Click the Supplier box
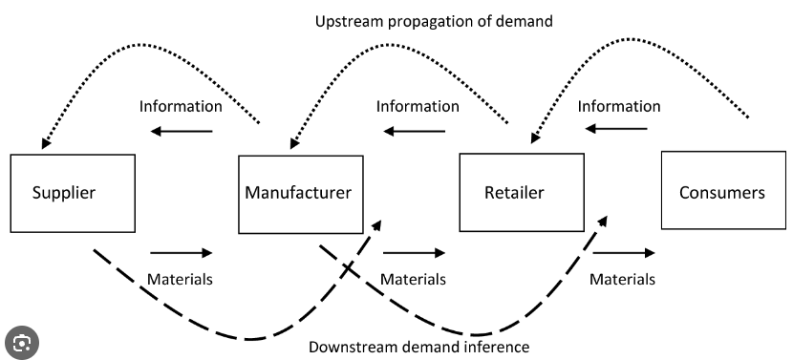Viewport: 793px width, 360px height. [x=73, y=193]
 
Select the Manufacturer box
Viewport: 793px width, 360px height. [x=300, y=194]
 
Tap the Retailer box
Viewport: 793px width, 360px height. [x=522, y=192]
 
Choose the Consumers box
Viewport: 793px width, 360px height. [x=723, y=190]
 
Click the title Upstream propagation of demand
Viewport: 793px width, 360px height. [x=434, y=21]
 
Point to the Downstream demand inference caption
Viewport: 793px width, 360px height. [x=418, y=347]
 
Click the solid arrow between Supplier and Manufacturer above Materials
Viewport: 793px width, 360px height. [x=182, y=253]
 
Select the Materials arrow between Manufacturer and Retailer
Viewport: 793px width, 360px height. [x=414, y=253]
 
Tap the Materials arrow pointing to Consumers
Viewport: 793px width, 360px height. [x=624, y=252]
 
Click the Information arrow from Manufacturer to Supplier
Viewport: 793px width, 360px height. [x=182, y=132]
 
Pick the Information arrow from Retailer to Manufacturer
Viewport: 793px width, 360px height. [x=415, y=132]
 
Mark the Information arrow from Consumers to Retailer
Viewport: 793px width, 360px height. [x=616, y=128]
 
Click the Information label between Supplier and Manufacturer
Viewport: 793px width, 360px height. [x=181, y=106]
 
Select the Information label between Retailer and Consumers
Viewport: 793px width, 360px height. [x=619, y=106]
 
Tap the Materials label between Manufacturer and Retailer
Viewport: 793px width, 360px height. [x=413, y=279]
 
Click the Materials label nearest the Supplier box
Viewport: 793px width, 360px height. [x=180, y=279]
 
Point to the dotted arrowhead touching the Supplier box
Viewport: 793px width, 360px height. [x=46, y=143]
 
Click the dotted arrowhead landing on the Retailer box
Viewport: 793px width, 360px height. [x=535, y=138]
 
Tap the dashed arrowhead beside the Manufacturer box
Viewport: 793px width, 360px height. [x=376, y=224]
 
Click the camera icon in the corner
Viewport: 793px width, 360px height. [x=22, y=343]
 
